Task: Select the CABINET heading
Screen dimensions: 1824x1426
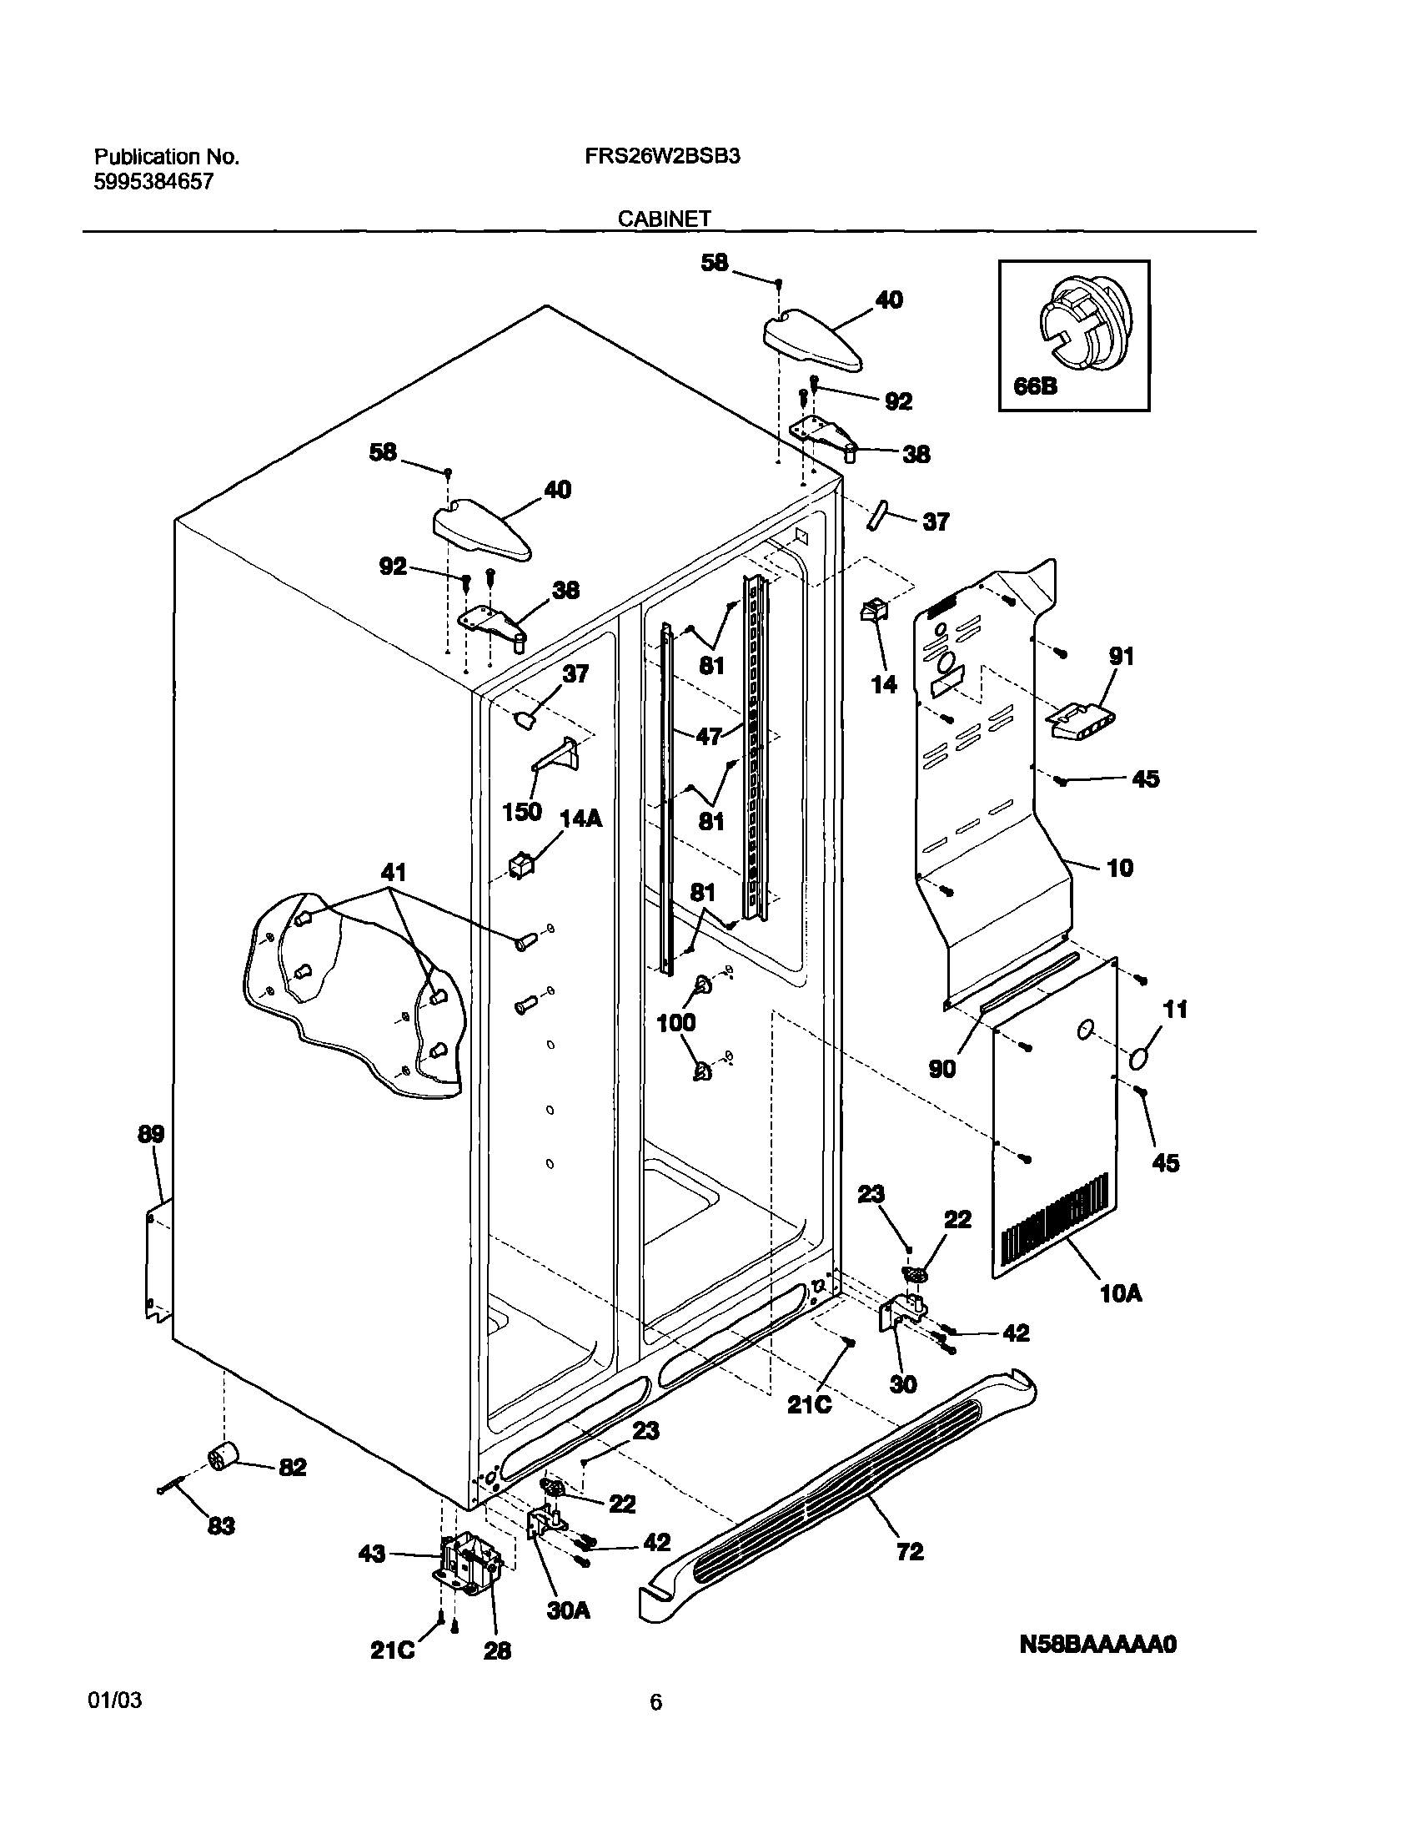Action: tap(664, 219)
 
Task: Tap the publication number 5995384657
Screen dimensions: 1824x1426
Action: tap(153, 181)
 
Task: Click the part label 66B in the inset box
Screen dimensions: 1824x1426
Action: tap(1035, 386)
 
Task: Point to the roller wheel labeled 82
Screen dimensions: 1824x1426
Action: tap(222, 1458)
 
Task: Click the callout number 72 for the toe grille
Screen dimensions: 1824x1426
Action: tap(909, 1551)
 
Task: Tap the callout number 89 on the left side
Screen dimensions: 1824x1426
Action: tap(151, 1133)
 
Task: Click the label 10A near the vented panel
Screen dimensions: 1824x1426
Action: tap(1122, 1293)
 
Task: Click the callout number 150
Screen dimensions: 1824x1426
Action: tap(522, 811)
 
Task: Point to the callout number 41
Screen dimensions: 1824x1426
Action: tap(394, 873)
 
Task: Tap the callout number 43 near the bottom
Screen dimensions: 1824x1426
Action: tap(373, 1554)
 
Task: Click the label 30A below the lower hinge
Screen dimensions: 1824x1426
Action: tap(568, 1610)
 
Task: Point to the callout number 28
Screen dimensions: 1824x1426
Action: tap(498, 1650)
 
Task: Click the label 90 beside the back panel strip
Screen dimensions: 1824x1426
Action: tap(941, 1069)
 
